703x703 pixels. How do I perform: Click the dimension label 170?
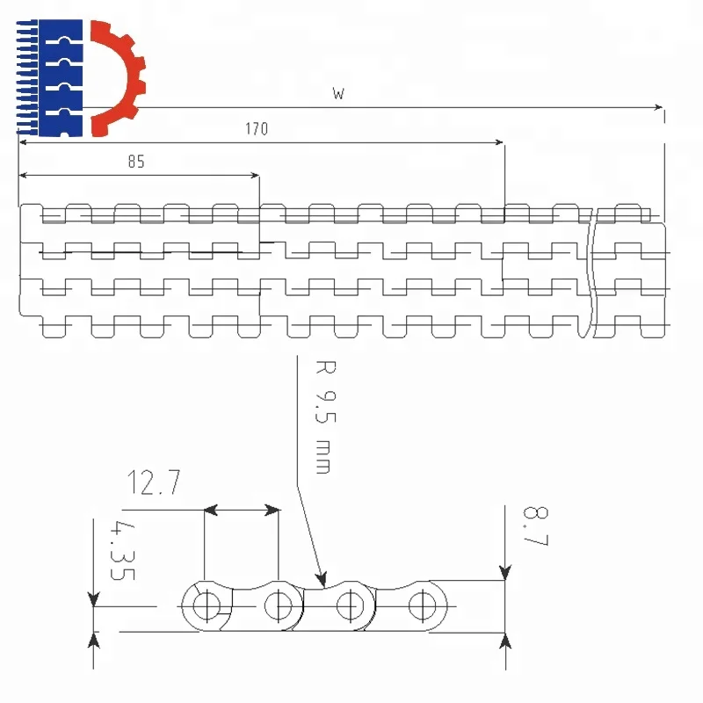(257, 129)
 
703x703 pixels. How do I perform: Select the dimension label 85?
(135, 162)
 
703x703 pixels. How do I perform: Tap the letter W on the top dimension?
(338, 94)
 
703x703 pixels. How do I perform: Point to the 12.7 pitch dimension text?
(154, 482)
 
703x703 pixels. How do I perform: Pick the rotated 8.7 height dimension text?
(535, 526)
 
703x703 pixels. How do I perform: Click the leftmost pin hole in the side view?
(208, 605)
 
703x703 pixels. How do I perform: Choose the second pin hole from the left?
(279, 605)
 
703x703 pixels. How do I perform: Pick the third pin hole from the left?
(351, 605)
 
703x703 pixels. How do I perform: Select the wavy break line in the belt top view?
(590, 272)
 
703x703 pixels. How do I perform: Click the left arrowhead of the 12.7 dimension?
(210, 509)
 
